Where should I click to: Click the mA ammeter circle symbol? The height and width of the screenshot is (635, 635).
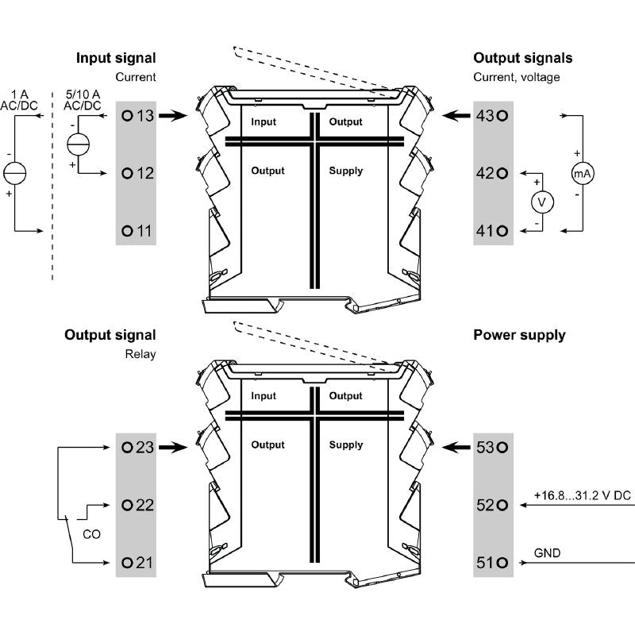point(583,173)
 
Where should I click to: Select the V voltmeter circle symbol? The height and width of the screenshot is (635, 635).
point(542,202)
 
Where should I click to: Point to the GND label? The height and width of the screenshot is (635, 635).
point(547,553)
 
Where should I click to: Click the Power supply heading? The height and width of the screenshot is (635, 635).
point(519,335)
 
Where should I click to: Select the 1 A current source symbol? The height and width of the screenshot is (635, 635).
point(14,173)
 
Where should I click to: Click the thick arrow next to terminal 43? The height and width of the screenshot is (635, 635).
point(456,116)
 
